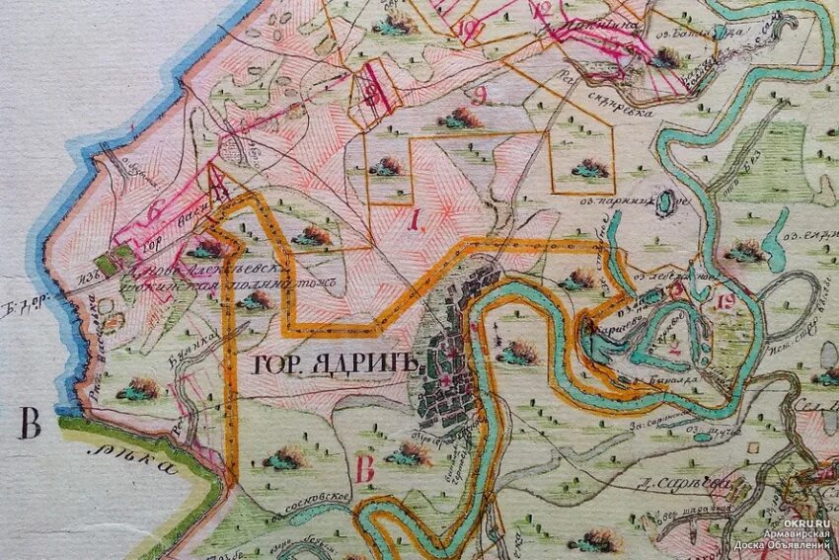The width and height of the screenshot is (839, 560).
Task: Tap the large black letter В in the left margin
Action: coord(31,427)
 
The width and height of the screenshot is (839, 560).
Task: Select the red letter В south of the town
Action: coord(364,469)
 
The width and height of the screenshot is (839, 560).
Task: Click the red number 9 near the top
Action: coord(480,96)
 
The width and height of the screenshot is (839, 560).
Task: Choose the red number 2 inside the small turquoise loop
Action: coord(675,347)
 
